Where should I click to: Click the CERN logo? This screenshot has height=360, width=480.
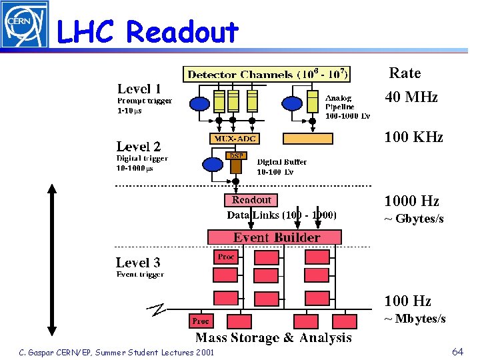point(24,24)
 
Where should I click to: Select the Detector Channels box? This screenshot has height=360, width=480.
point(267,73)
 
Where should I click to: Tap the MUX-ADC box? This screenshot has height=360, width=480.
point(234,139)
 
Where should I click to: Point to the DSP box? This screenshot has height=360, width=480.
point(236,155)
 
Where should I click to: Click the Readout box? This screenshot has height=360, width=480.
point(251,200)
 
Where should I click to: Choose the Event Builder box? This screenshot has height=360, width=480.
point(276,237)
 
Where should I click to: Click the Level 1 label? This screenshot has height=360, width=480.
point(139,89)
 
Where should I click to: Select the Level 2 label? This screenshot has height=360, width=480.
point(138,147)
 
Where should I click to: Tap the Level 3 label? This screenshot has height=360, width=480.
point(138,263)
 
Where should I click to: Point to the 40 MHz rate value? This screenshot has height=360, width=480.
point(411,97)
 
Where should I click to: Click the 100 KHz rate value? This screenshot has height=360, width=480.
point(413,137)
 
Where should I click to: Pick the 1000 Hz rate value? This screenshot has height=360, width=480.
point(411,201)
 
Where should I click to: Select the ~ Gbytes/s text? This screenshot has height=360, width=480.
point(413,219)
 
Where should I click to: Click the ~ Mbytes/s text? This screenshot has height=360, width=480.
point(414,319)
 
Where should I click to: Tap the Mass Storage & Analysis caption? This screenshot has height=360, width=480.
point(273,338)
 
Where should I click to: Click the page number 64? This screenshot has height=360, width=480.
point(457,351)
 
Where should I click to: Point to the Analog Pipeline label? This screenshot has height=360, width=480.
point(347,107)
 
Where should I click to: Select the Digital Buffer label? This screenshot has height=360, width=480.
point(281,167)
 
